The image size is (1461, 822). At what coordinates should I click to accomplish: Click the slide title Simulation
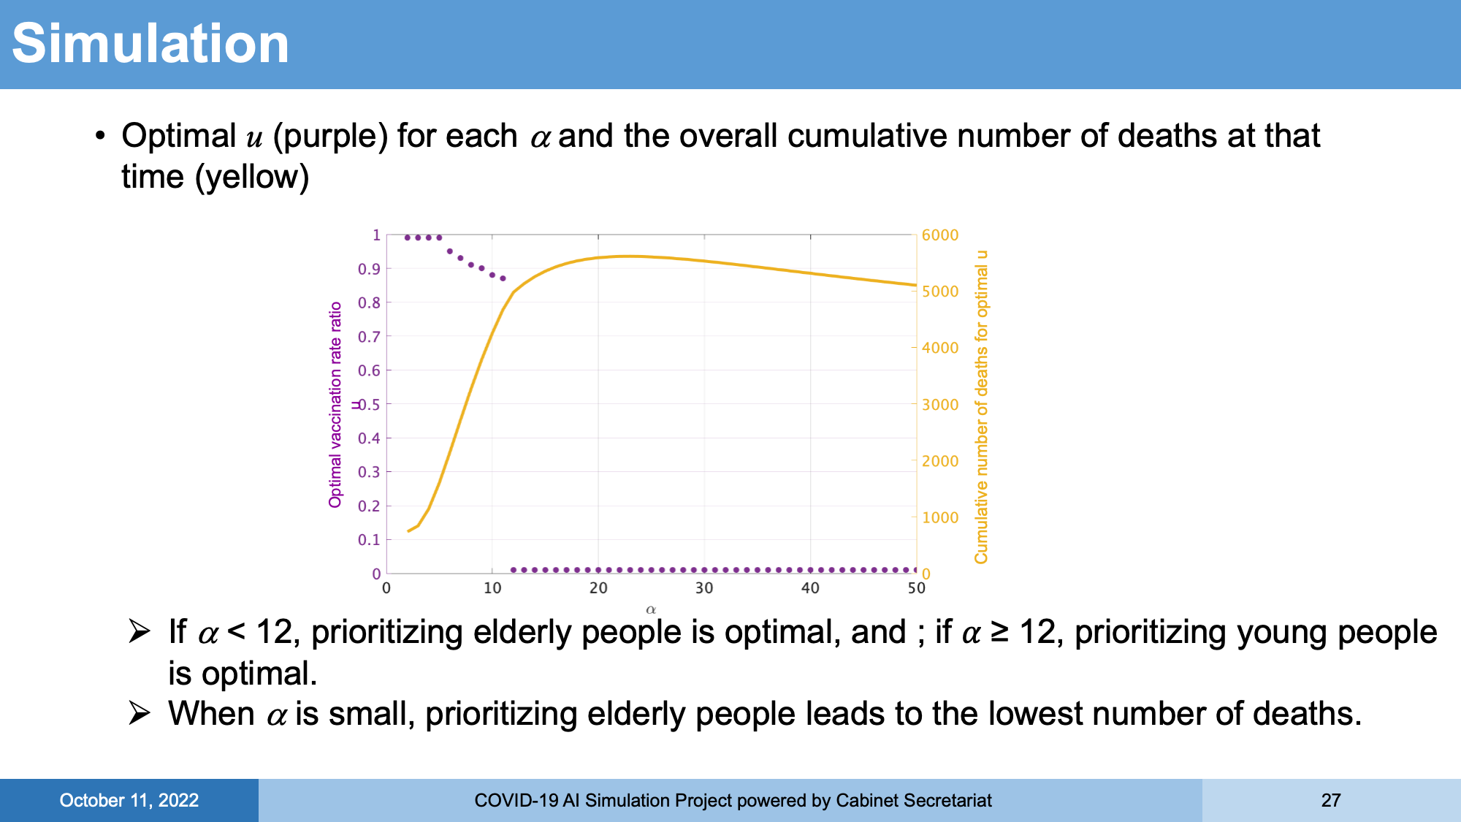click(150, 44)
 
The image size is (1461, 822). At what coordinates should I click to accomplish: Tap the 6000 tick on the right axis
click(940, 235)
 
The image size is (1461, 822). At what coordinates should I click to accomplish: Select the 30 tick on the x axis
click(704, 588)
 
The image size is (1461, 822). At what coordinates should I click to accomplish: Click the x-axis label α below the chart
click(651, 609)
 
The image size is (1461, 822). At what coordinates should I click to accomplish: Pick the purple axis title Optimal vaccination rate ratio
click(335, 405)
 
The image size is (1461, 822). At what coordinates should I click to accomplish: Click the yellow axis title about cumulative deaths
click(981, 407)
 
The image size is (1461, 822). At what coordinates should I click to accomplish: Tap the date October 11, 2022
click(129, 801)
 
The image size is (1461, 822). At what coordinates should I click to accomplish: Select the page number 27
click(1331, 801)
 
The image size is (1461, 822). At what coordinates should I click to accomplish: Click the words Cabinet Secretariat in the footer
click(913, 801)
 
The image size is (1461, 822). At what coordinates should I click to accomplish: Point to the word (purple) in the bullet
click(330, 137)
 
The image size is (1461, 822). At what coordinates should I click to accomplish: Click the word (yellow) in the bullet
click(252, 178)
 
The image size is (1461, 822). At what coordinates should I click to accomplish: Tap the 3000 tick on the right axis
click(940, 405)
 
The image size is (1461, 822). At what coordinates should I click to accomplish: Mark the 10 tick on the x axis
click(492, 588)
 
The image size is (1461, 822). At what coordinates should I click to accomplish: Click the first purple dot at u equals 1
click(408, 237)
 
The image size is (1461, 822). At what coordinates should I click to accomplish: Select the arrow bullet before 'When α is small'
click(139, 713)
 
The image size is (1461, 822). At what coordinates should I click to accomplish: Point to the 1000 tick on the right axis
click(940, 518)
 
